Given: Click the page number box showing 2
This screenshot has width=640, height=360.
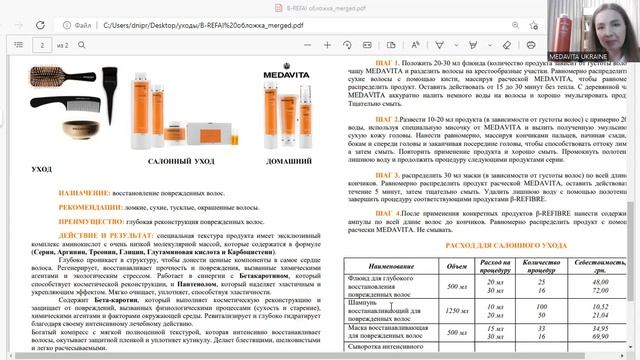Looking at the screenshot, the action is pos(43,44).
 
